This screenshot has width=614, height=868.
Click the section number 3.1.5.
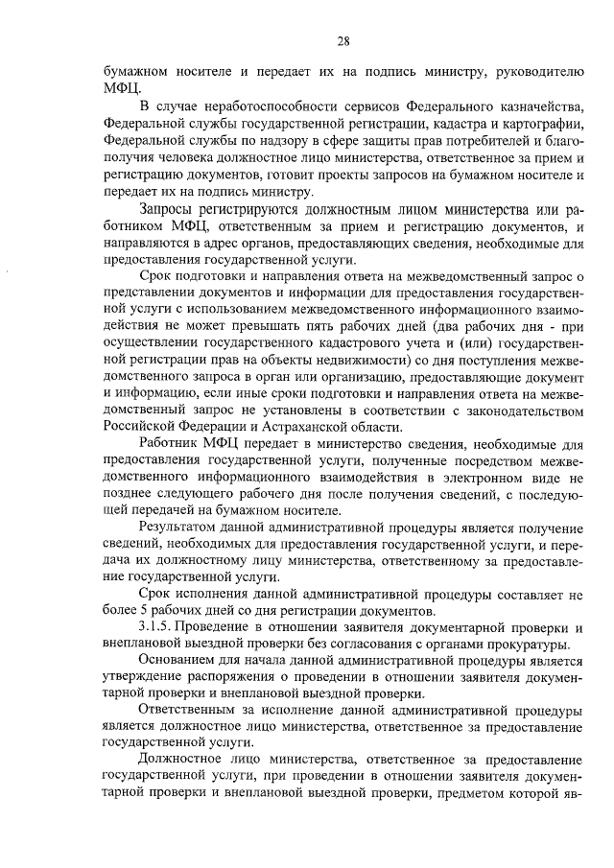pyautogui.click(x=159, y=624)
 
